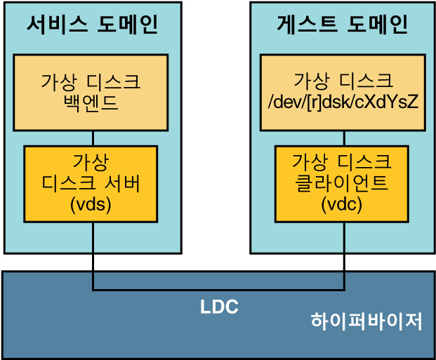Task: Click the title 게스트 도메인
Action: click(x=342, y=25)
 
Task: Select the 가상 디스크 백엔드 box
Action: click(x=91, y=92)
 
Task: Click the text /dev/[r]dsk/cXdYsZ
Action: click(x=343, y=102)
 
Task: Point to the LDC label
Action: click(x=219, y=307)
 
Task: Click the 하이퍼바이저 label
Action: click(x=367, y=322)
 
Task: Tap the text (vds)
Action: click(x=91, y=206)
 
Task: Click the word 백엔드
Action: click(x=91, y=104)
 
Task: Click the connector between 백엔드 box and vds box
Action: click(x=93, y=138)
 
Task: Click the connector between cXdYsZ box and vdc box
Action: click(x=343, y=138)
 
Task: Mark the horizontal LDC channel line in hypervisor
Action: click(x=218, y=289)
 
